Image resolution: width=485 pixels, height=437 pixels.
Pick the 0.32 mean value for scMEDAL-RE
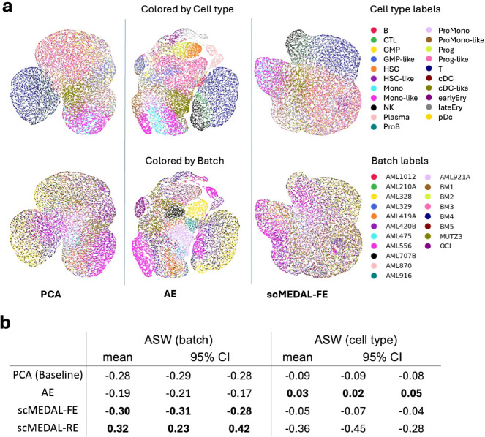143,420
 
